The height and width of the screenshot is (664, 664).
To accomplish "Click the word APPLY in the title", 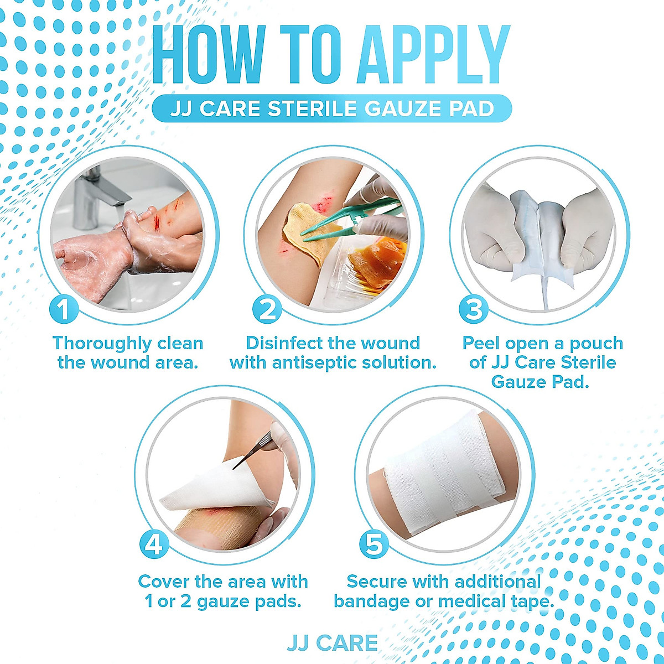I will (x=433, y=55).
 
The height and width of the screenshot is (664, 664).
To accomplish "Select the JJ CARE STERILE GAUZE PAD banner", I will (x=332, y=108).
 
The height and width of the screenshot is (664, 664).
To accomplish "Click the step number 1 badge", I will (x=64, y=309).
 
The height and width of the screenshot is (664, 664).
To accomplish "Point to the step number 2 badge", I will (x=267, y=309).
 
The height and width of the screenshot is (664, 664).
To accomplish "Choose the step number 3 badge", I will (x=474, y=309).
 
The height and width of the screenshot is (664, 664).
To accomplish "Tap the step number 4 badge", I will (x=154, y=544).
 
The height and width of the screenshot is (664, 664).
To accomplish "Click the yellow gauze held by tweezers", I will (x=310, y=227).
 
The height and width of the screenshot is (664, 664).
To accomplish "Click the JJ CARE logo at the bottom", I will (x=332, y=643).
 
